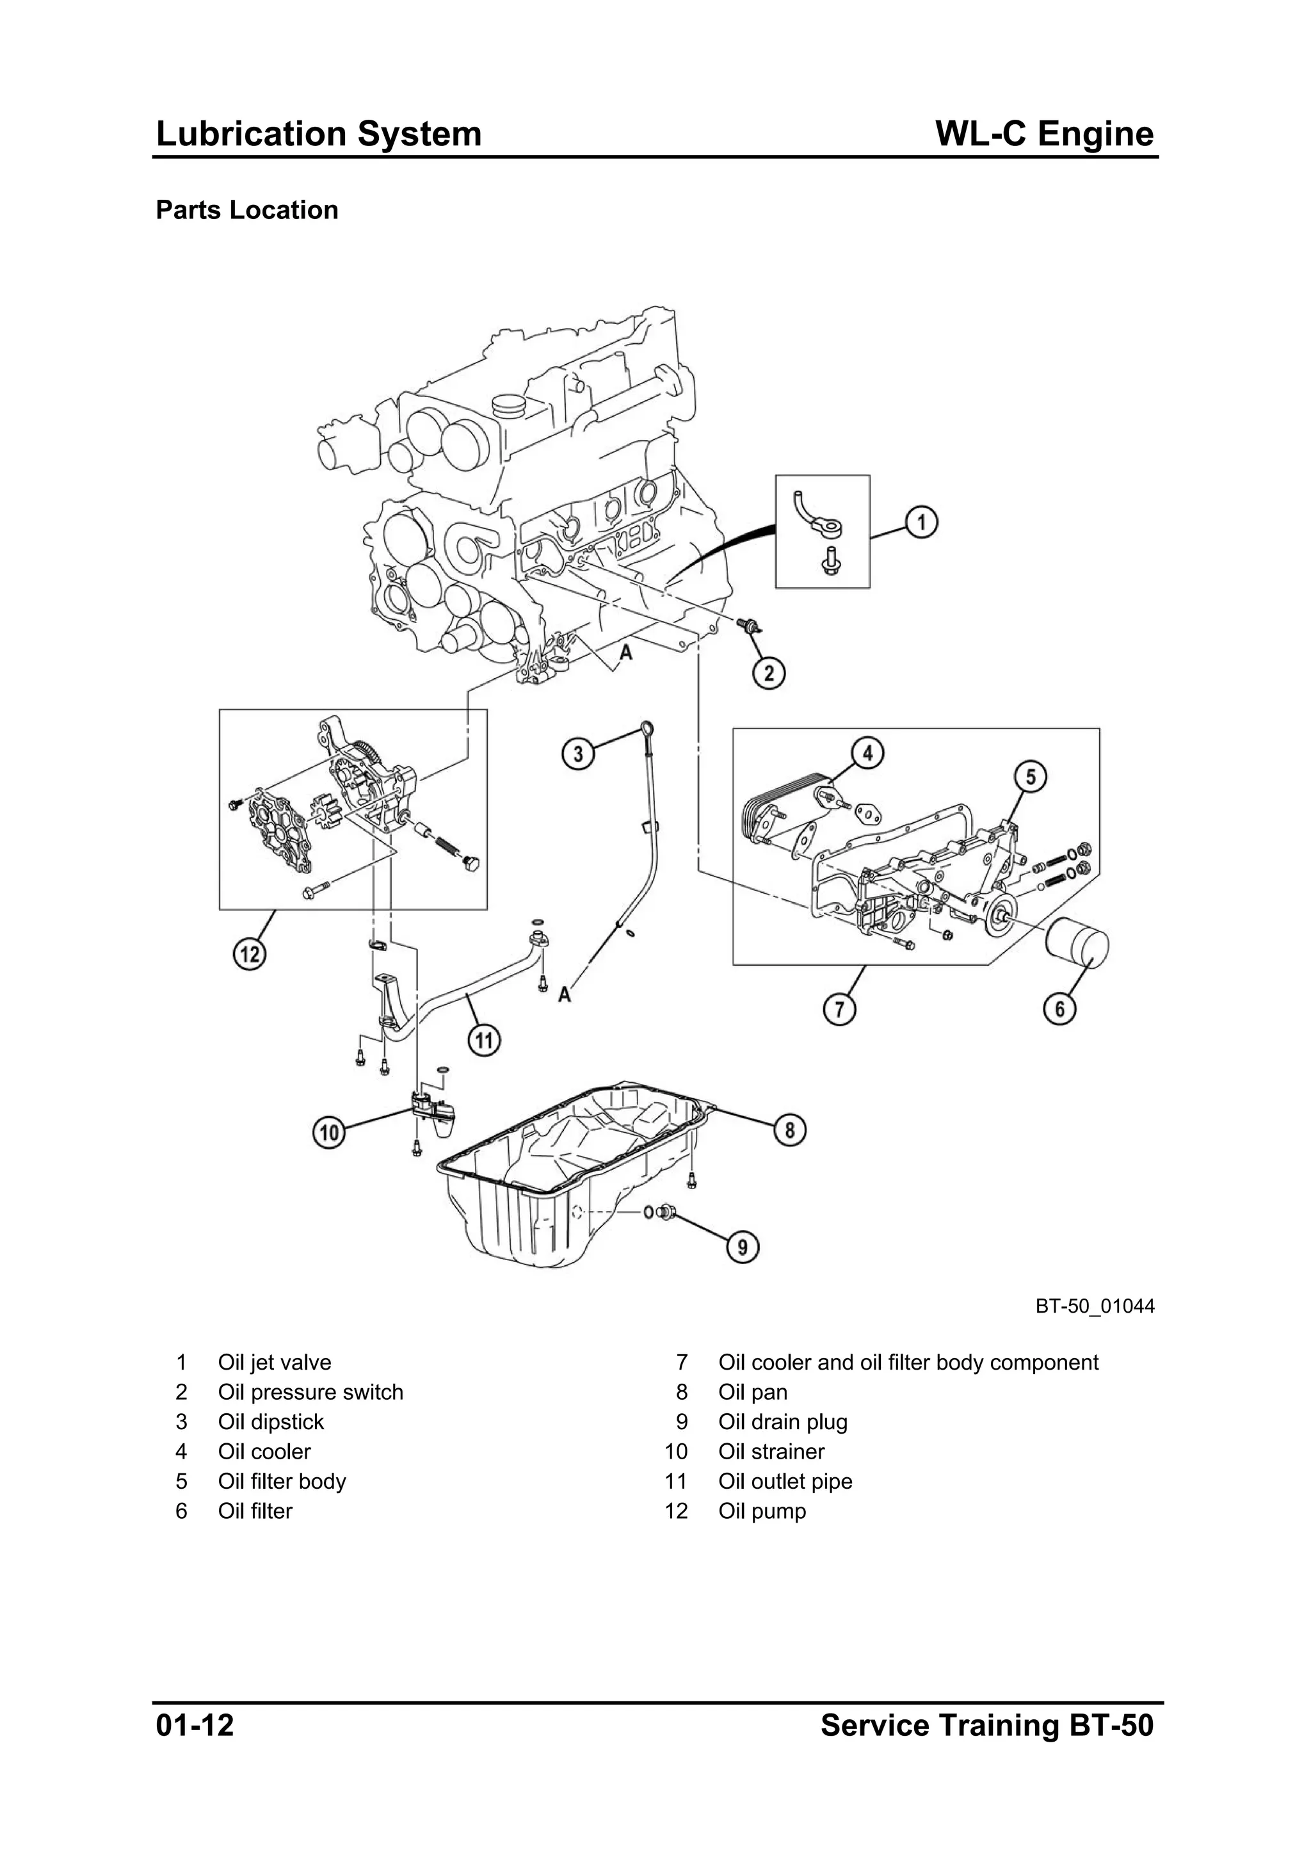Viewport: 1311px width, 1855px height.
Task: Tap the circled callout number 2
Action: (x=768, y=672)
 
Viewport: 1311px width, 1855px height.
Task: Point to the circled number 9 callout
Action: (x=743, y=1247)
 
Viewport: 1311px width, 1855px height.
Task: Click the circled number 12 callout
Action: (x=250, y=954)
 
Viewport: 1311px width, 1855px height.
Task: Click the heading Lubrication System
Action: (x=318, y=134)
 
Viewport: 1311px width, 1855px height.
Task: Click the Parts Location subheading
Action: (x=246, y=210)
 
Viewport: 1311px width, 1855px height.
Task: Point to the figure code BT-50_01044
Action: (x=1095, y=1306)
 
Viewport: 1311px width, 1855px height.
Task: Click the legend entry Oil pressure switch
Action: (x=310, y=1392)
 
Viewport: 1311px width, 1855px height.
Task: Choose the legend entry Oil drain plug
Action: (x=783, y=1422)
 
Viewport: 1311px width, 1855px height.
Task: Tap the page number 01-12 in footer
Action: (x=195, y=1725)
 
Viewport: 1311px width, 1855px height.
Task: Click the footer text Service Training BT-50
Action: (x=987, y=1725)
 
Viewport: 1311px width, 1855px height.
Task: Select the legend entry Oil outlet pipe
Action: (x=785, y=1481)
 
